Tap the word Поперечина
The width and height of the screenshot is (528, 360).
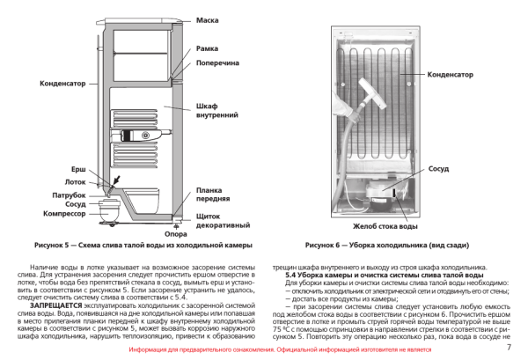point(216,63)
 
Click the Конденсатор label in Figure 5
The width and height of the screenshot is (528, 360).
point(62,84)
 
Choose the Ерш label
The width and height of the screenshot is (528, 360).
point(78,167)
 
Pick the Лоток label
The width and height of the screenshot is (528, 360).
point(76,181)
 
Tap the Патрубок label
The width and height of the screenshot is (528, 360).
point(71,194)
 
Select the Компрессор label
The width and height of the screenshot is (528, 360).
point(67,214)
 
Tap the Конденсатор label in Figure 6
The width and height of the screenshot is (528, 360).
point(450,75)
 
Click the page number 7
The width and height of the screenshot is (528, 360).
point(510,349)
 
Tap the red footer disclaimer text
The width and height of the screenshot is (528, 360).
point(265,349)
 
